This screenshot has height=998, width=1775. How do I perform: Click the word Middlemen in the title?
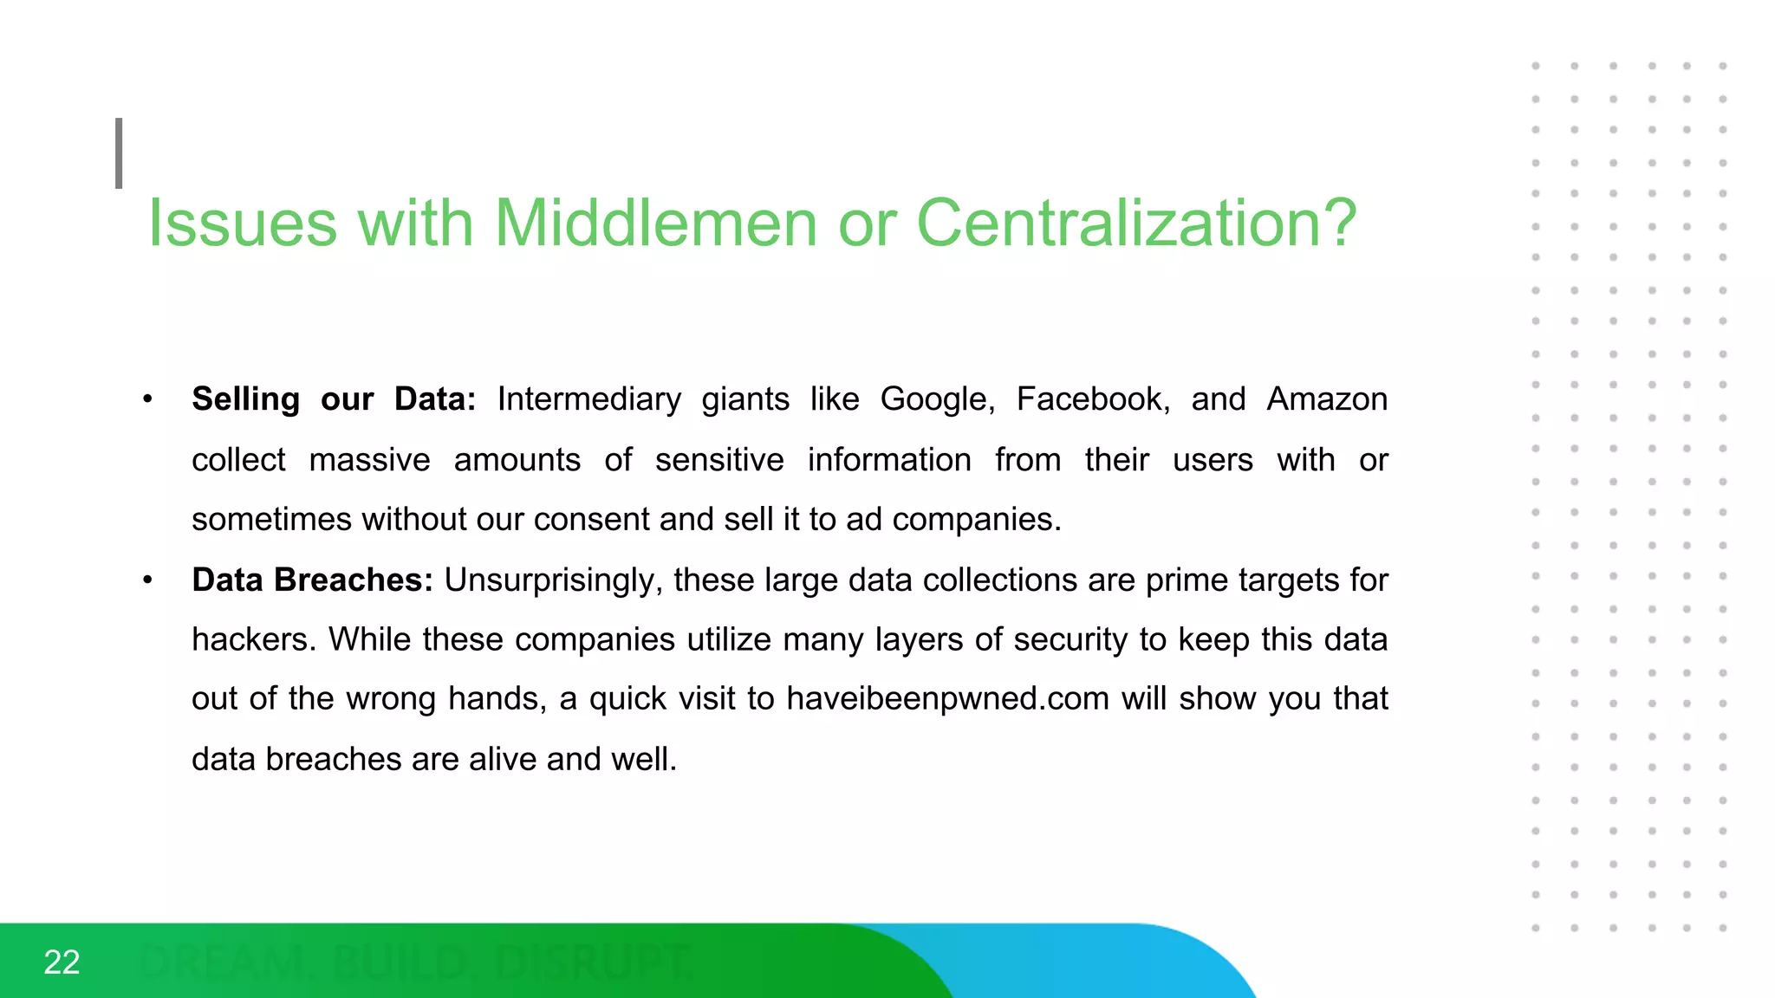[x=655, y=224]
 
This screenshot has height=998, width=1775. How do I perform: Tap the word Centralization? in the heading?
[x=1136, y=224]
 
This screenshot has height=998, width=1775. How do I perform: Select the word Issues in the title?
[x=242, y=224]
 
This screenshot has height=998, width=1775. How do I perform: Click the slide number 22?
[x=62, y=962]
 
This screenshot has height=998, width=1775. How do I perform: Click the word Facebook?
[x=1093, y=399]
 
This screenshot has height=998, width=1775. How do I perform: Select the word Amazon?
[x=1327, y=399]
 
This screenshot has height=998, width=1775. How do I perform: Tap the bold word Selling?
[x=245, y=399]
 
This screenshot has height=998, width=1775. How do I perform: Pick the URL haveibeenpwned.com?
[x=948, y=698]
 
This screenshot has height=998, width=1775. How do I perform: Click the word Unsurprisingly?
[x=554, y=580]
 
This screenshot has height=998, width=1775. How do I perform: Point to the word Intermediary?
[x=589, y=399]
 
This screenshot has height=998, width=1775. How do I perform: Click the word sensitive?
[x=719, y=460]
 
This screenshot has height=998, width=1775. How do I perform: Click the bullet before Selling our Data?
[x=148, y=399]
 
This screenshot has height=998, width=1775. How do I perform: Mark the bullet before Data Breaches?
[x=148, y=580]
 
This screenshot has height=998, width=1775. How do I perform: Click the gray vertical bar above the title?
[x=119, y=153]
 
